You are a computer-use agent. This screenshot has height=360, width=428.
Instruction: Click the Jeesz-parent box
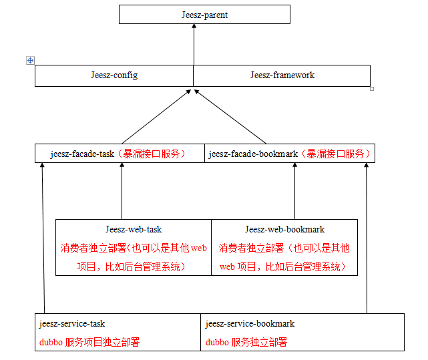coord(204,15)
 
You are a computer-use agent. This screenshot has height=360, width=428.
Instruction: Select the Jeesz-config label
coord(114,75)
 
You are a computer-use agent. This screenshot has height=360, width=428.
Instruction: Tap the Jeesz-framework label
coord(282,75)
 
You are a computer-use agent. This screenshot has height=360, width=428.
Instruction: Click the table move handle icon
coord(30,60)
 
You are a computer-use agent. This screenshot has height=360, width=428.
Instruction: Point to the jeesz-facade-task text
coord(82,154)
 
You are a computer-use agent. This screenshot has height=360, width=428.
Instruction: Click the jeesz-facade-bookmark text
coord(253,154)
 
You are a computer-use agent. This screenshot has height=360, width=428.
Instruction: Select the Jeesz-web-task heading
coord(134,230)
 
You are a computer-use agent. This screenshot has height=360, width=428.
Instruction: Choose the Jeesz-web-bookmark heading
coord(284,230)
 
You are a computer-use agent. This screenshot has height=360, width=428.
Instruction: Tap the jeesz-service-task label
coord(72,324)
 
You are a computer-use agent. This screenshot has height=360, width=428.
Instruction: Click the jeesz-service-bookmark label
coord(250,324)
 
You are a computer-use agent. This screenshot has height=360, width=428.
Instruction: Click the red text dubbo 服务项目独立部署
coord(89,342)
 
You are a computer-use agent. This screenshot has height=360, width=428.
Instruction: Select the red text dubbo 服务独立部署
coord(246,342)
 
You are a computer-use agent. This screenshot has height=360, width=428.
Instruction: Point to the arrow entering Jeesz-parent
coord(194,47)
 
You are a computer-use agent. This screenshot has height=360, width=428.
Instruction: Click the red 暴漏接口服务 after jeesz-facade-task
coord(152,154)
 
